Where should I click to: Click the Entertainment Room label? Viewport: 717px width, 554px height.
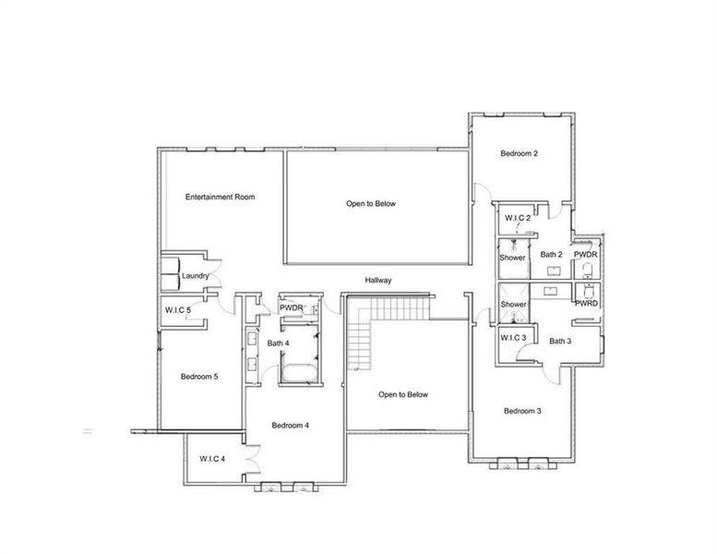click(x=220, y=197)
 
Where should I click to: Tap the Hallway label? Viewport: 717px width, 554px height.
click(x=378, y=279)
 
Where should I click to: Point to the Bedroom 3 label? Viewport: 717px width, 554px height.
click(x=521, y=411)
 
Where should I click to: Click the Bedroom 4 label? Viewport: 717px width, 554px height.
click(x=290, y=426)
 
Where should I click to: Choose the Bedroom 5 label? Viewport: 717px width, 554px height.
click(x=198, y=376)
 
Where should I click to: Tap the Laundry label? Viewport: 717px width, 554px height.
click(x=195, y=276)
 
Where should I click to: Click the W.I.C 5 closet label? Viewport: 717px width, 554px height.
click(x=177, y=309)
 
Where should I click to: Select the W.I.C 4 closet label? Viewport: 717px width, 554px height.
click(x=213, y=459)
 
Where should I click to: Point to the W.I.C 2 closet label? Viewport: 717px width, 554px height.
click(x=516, y=218)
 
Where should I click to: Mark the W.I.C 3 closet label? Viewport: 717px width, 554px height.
click(x=513, y=338)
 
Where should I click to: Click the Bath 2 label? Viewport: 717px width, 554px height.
click(x=551, y=255)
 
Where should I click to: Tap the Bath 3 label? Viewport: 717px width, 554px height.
click(x=560, y=341)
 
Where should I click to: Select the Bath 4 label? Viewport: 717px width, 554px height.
click(x=279, y=344)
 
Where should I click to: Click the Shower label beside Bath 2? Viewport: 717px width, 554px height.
click(x=513, y=258)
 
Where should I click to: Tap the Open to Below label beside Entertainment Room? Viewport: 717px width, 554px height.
click(x=371, y=203)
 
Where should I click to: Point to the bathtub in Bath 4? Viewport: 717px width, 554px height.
click(x=297, y=373)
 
